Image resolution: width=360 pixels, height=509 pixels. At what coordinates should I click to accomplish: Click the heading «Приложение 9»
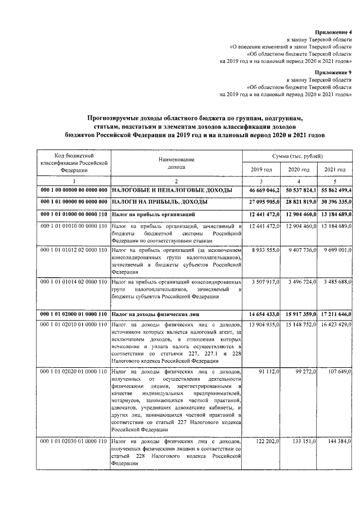point(335,73)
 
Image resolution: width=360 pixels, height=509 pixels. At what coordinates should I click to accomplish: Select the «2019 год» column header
point(261,170)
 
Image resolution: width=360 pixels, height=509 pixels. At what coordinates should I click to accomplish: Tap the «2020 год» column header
point(299,170)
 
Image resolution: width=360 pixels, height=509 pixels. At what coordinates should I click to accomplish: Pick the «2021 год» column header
point(335,170)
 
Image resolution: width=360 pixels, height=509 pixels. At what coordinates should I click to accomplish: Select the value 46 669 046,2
point(261,191)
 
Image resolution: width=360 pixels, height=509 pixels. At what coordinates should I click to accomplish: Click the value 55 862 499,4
point(335,191)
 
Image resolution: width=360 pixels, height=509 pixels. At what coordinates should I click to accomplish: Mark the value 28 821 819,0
point(299,201)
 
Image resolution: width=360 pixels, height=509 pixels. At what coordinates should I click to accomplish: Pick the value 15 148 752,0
point(299,325)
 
